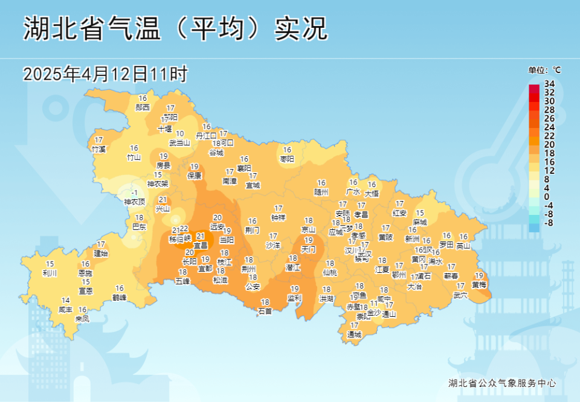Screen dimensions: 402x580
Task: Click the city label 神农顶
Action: tap(135, 202)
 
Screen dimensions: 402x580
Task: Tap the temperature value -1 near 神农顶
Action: tap(134, 193)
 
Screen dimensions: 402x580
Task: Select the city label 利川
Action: tap(50, 273)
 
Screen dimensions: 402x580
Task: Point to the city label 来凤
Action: tap(82, 318)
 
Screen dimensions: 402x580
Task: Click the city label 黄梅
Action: tap(478, 284)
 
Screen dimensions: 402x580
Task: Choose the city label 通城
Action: tap(354, 334)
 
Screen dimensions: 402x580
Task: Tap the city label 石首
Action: tap(265, 311)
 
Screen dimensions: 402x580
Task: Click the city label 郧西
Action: tap(143, 107)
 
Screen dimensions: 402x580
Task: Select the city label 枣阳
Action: tap(287, 159)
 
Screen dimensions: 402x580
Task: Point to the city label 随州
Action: tap(321, 192)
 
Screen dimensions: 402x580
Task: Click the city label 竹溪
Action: tap(98, 148)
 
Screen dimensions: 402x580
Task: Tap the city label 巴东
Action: tap(139, 226)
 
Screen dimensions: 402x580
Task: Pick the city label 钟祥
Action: tap(278, 217)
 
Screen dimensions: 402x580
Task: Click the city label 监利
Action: tap(294, 298)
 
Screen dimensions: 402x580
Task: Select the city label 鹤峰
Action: tap(120, 297)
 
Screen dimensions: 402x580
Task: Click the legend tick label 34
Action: tap(549, 83)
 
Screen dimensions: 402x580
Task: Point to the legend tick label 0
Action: tap(547, 197)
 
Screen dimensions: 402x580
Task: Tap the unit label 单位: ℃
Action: tap(544, 70)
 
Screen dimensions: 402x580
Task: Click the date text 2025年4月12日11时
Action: tap(106, 74)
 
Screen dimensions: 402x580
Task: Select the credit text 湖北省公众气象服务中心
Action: tap(501, 383)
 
